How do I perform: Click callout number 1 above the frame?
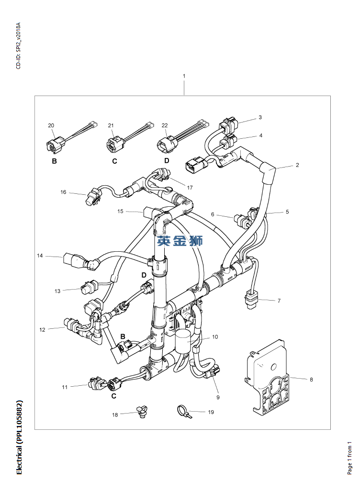coord(184,76)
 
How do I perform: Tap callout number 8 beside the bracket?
coord(311,380)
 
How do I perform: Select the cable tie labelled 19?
coord(184,411)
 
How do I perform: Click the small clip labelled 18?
coord(142,411)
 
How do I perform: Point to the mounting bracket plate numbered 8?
coord(268,377)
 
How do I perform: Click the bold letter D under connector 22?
coord(167,161)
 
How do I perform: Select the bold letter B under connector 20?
coord(55,161)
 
